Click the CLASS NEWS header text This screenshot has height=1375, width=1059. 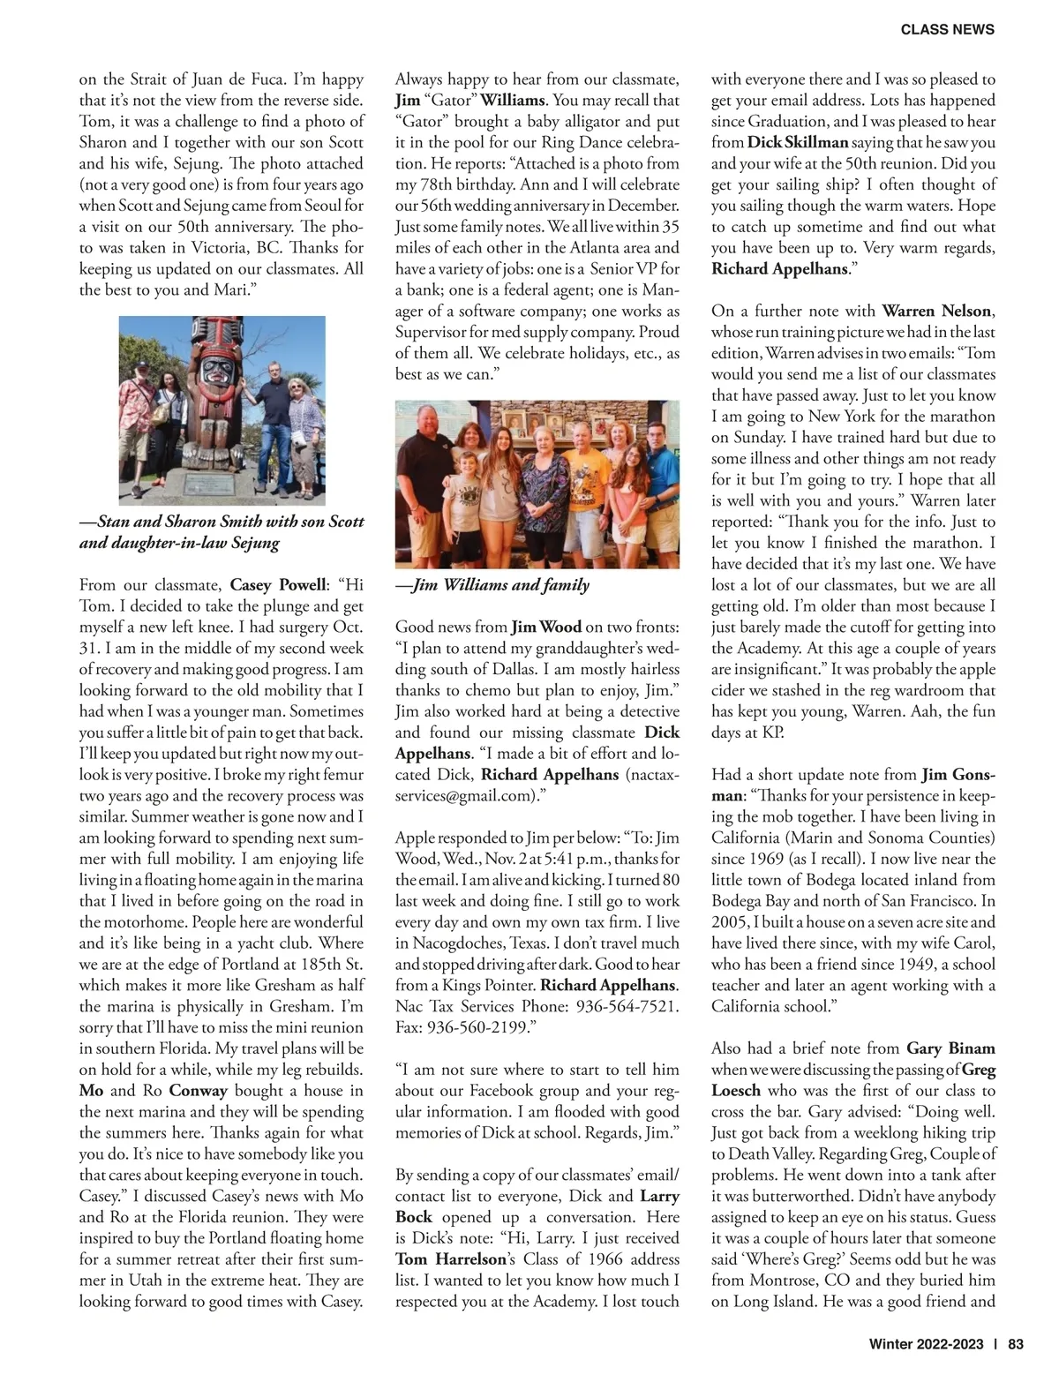pos(947,29)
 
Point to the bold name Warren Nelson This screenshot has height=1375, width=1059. pos(937,311)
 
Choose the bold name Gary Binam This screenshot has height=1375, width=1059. pos(950,1048)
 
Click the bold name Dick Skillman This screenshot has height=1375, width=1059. pos(798,142)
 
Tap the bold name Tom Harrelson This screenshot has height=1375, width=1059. pos(450,1259)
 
